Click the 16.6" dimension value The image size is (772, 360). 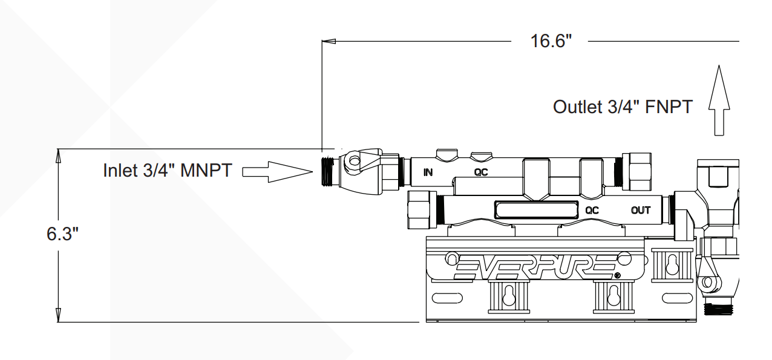(551, 41)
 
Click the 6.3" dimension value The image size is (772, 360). (62, 234)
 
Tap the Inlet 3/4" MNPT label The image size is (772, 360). (168, 170)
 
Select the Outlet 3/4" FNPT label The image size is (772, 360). (623, 107)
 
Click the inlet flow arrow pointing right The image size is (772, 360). (278, 172)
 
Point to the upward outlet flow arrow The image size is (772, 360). (719, 100)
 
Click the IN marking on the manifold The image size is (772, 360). (428, 172)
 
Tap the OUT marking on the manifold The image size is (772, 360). (641, 210)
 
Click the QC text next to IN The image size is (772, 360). (481, 172)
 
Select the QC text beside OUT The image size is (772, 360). (592, 210)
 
